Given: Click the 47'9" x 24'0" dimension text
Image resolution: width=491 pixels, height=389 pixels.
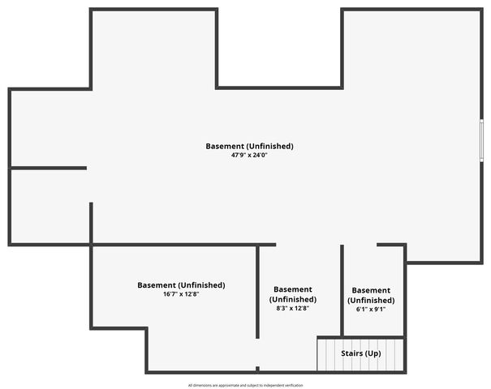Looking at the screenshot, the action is [249, 155].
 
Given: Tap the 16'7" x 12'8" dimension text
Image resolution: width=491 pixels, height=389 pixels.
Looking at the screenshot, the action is [181, 294].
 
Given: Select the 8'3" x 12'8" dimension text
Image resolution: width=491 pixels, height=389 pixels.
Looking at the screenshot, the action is [293, 308].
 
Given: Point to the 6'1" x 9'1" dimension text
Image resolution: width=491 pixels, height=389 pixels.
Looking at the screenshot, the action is [371, 310].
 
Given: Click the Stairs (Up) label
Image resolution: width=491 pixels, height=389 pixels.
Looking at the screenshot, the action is [360, 353].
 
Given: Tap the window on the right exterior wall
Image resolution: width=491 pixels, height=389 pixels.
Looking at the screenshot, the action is [481, 140].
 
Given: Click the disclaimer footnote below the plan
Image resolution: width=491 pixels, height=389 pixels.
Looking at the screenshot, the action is [245, 385].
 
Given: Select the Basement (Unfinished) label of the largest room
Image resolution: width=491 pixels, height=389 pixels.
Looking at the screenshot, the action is [250, 147].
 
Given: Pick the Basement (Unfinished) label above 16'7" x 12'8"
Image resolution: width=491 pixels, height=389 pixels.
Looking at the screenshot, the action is [181, 285].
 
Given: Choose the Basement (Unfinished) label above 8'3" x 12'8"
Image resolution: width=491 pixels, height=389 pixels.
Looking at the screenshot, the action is [293, 294].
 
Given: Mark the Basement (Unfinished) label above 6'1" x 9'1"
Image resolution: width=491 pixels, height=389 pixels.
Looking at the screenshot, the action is [371, 296].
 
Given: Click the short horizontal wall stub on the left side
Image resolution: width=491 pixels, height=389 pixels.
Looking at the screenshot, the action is [49, 169].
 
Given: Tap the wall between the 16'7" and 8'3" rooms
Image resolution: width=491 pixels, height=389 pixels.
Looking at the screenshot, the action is [257, 292].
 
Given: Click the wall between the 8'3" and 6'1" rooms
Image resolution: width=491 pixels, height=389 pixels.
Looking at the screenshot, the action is [342, 291].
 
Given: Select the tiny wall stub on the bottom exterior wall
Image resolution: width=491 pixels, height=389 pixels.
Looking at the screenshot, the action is [257, 369].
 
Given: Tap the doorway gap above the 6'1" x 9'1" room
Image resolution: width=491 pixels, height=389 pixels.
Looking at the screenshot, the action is [360, 245].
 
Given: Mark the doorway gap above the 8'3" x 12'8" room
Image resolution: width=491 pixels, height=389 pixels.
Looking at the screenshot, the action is [308, 245].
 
